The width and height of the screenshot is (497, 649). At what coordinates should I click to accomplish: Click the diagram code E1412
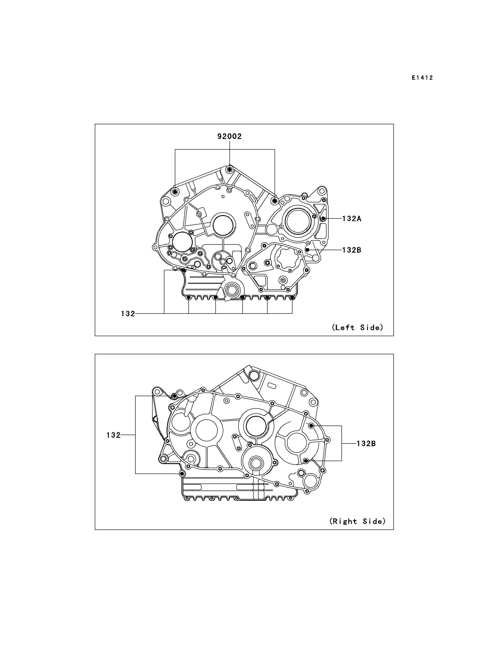(x=422, y=78)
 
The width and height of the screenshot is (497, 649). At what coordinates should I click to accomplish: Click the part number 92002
(x=229, y=136)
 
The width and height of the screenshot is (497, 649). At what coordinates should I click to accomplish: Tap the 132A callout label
(x=352, y=219)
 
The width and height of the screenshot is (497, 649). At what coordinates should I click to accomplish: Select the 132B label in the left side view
(x=352, y=250)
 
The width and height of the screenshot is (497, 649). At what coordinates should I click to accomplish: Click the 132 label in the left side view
(x=128, y=314)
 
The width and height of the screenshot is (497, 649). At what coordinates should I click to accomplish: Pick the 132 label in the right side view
(x=114, y=435)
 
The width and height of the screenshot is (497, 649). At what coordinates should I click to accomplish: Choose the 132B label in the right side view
(x=366, y=443)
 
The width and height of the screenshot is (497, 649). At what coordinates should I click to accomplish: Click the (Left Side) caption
(x=358, y=327)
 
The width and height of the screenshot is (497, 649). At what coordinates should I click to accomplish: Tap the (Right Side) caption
(x=358, y=521)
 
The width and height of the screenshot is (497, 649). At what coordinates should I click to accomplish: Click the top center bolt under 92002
(x=229, y=170)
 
